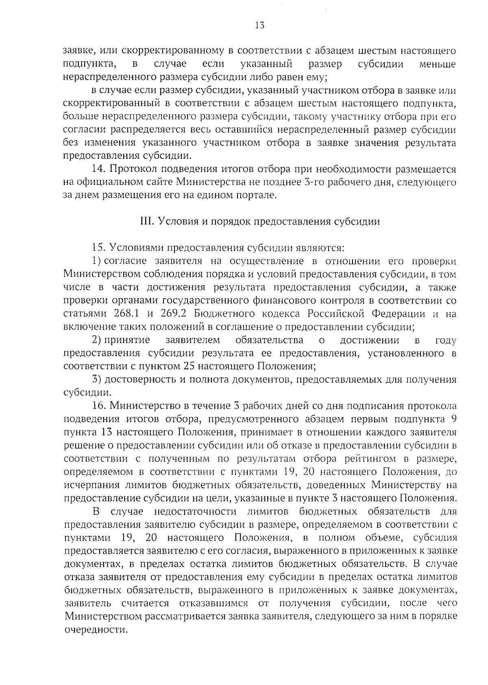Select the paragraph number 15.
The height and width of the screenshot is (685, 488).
[x=99, y=248]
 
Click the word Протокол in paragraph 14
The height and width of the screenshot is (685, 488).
[x=131, y=169]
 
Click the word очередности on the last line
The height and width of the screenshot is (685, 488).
[x=93, y=630]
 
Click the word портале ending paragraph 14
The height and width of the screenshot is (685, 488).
[x=255, y=196]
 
